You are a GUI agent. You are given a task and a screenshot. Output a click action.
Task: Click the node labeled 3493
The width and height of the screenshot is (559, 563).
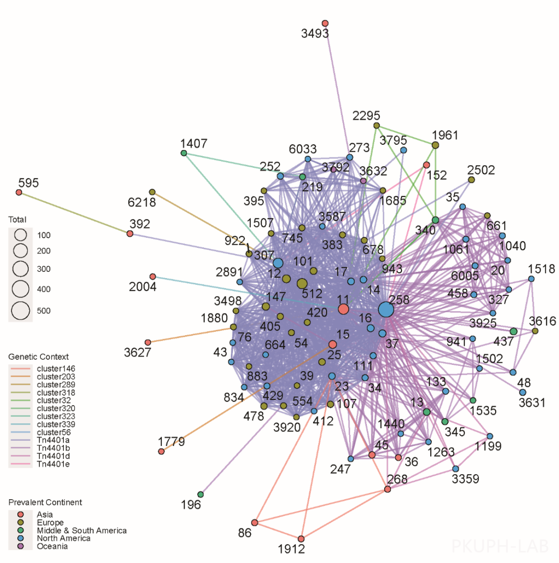pos(325,23)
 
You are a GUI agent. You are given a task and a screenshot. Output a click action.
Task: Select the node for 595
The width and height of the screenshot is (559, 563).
pos(19,192)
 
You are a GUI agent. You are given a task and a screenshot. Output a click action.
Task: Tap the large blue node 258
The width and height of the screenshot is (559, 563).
pos(386,309)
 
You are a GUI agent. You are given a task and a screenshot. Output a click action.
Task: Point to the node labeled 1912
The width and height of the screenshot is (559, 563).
pos(301,538)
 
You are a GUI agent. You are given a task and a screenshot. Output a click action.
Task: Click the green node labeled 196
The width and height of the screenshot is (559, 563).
pos(200,494)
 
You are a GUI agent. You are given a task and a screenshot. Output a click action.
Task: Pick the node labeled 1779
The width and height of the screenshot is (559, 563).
pos(161,451)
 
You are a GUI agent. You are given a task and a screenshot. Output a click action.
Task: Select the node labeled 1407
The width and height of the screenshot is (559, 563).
pos(184,153)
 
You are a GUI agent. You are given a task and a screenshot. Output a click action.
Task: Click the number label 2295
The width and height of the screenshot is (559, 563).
pos(366,116)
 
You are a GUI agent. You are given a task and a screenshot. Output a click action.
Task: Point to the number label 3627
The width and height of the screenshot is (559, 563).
pos(138,352)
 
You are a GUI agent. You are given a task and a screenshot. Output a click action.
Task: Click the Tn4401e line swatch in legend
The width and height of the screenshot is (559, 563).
pos(21,464)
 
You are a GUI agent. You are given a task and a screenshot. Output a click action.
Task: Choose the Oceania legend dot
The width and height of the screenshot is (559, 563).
pos(21,546)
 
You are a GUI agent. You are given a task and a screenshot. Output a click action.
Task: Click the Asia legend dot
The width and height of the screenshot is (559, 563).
pos(21,514)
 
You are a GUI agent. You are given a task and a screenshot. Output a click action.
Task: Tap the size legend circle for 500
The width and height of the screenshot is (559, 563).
pos(20,311)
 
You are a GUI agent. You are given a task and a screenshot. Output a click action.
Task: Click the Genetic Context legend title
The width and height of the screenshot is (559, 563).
pos(38,357)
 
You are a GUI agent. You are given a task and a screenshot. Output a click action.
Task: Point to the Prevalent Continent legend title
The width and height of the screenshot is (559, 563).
pos(45,502)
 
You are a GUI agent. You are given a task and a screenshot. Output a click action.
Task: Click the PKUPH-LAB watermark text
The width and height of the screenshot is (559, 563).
pos(500,546)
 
